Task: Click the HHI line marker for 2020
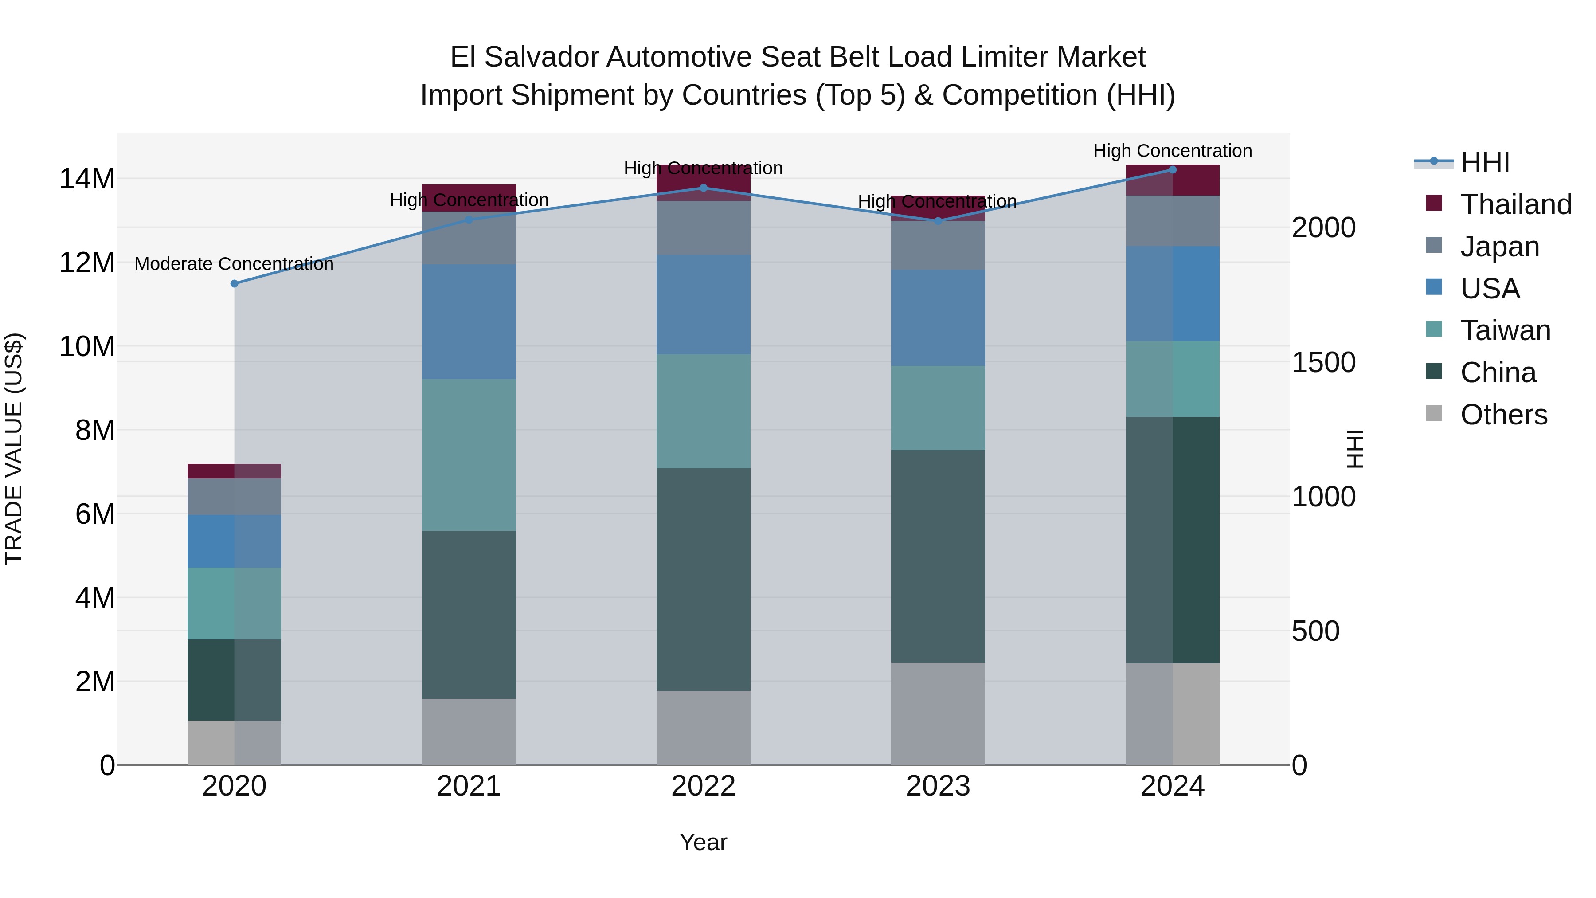click(234, 284)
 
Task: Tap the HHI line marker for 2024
click(1172, 169)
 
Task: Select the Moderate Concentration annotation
click(234, 264)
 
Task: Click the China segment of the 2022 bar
click(703, 580)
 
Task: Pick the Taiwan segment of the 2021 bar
click(469, 455)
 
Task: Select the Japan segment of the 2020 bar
click(234, 496)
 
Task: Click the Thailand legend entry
click(1515, 204)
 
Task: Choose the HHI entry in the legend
click(1484, 162)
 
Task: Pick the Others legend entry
click(1504, 415)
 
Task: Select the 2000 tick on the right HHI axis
click(1323, 227)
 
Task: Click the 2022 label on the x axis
click(703, 786)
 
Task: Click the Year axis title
click(703, 842)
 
